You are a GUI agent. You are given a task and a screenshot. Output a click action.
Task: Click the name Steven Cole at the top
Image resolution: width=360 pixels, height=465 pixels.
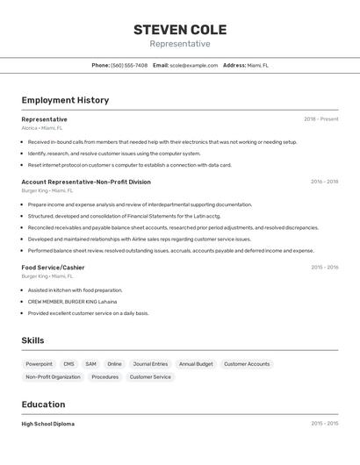click(x=179, y=29)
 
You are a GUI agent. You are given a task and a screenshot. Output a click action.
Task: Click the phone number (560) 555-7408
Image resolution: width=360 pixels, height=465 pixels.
click(x=129, y=65)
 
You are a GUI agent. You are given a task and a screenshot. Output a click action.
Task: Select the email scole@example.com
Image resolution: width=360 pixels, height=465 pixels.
click(x=193, y=65)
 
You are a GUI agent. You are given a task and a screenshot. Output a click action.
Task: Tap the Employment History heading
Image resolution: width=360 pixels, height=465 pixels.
click(x=65, y=100)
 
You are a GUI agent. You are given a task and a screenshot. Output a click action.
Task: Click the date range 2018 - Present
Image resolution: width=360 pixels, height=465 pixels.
click(x=320, y=119)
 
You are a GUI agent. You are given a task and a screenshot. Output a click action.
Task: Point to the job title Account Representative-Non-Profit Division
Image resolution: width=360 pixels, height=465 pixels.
click(x=86, y=182)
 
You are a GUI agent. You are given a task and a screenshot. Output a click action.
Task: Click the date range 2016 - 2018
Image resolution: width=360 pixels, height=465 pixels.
click(x=324, y=182)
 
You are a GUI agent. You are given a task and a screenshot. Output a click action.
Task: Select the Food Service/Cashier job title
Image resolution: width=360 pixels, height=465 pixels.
click(x=53, y=267)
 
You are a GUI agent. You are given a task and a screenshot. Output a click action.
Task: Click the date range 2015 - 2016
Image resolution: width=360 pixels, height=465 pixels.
click(x=324, y=267)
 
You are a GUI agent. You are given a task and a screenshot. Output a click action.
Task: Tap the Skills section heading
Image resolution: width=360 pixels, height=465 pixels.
click(x=32, y=340)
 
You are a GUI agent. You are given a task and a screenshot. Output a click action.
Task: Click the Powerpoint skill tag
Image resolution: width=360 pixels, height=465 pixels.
click(x=39, y=364)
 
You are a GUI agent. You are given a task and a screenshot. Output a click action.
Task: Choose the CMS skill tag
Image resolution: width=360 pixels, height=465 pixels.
click(x=68, y=364)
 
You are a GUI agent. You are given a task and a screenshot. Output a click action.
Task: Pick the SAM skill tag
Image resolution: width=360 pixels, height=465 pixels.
click(x=90, y=364)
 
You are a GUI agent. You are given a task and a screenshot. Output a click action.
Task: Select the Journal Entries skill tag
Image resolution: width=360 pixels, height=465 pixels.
click(x=150, y=364)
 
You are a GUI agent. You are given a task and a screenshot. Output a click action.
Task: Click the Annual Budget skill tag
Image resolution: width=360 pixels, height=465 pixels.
click(x=196, y=364)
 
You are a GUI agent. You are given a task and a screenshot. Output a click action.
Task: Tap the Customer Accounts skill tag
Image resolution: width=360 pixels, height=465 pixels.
click(x=247, y=364)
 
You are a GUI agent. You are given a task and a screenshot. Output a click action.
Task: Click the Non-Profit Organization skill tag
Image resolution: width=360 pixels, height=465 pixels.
click(x=53, y=377)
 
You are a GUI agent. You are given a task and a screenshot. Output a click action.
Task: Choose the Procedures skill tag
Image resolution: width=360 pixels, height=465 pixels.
click(x=105, y=377)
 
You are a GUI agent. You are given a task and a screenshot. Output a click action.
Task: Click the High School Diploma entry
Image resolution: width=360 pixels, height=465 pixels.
click(x=48, y=424)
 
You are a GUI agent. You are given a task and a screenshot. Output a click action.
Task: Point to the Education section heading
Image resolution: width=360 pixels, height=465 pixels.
click(x=43, y=404)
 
